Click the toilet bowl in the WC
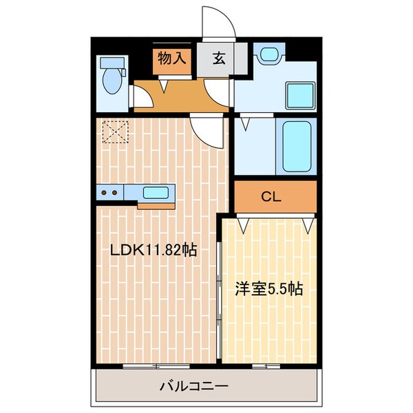pyautogui.click(x=112, y=81)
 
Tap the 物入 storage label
pyautogui.click(x=172, y=58)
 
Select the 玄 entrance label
pyautogui.click(x=219, y=59)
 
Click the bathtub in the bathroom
pyautogui.click(x=297, y=147)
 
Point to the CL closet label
pyautogui.click(x=271, y=196)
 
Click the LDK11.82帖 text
pyautogui.click(x=153, y=250)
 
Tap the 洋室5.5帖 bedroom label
pyautogui.click(x=269, y=289)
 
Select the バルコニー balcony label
pyautogui.click(x=194, y=386)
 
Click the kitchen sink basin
pyautogui.click(x=156, y=193)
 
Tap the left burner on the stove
pyautogui.click(x=104, y=193)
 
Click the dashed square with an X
pyautogui.click(x=116, y=131)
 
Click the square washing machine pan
pyautogui.click(x=300, y=96)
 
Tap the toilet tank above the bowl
pyautogui.click(x=112, y=63)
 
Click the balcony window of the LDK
pyautogui.click(x=156, y=366)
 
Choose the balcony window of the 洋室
pyautogui.click(x=266, y=366)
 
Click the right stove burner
pyautogui.click(x=114, y=193)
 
